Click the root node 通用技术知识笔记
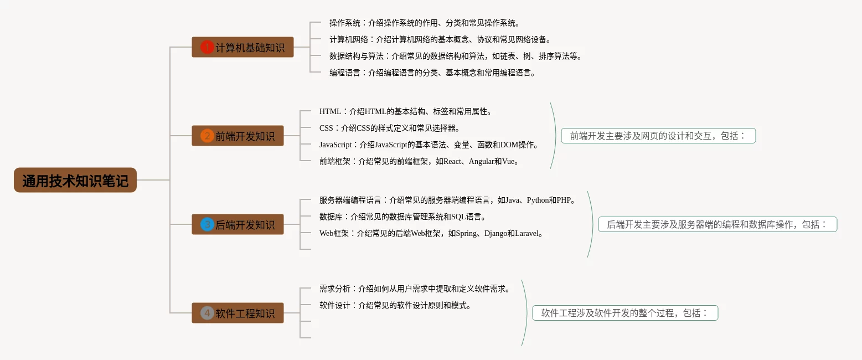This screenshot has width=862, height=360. pos(75,180)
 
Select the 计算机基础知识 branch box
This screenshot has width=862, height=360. pos(242,47)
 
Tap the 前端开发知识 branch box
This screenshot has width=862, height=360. pos(238,136)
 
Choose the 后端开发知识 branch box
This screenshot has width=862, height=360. pos(238,224)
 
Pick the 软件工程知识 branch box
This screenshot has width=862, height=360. pos(238,313)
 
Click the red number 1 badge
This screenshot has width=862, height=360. pos(207,47)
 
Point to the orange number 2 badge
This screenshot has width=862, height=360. pos(207,136)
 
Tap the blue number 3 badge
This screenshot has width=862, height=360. pos(207,224)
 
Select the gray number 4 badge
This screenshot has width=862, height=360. pos(207,313)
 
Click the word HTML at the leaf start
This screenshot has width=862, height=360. pos(330,112)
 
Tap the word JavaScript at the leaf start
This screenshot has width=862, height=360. pos(335,145)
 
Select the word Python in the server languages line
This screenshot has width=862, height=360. pos(538,200)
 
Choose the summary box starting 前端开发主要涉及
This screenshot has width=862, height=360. pos(658,136)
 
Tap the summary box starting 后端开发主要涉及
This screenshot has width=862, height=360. pos(718,224)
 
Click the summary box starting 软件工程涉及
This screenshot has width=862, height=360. pos(625,313)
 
